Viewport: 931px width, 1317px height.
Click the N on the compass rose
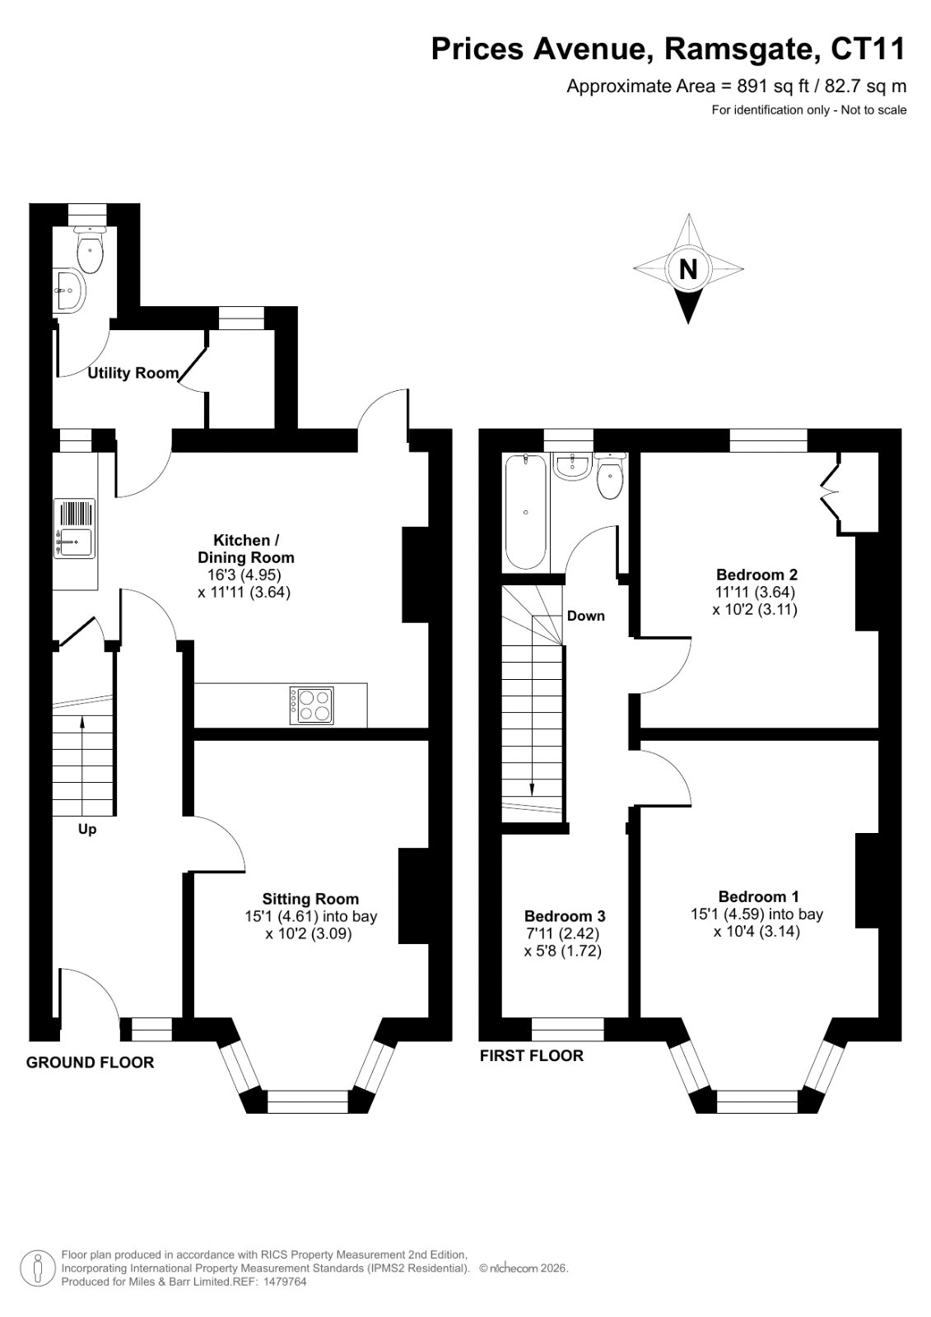coord(687,268)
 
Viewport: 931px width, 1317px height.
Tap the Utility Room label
coord(133,373)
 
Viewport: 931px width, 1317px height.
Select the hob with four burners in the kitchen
coord(311,705)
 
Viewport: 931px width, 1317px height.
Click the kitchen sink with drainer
coord(74,528)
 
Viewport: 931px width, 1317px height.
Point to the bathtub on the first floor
coord(525,512)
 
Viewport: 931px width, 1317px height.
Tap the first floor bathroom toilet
coord(611,476)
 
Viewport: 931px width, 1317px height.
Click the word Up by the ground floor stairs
coord(87,829)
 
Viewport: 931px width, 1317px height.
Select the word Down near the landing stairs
coord(586,616)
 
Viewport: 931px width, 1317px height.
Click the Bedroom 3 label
coord(565,916)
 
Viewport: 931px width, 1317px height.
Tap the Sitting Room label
coord(310,898)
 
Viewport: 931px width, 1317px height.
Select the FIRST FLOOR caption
coord(532,1055)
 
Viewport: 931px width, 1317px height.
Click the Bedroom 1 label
coord(759,896)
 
